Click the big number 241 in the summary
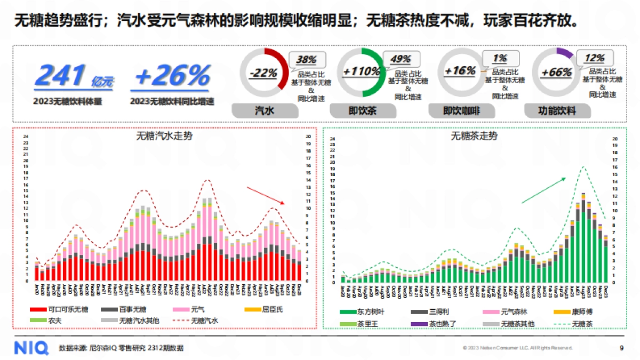point(60,76)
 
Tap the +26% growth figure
point(172,76)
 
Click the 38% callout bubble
point(307,59)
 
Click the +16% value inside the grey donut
point(459,71)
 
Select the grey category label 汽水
point(265,111)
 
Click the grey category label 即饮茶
point(363,111)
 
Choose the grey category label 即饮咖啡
point(461,111)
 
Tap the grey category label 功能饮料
point(557,111)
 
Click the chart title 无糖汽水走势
point(165,135)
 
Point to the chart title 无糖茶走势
point(474,136)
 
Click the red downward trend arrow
point(266,195)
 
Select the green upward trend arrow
point(543,190)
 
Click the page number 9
point(621,348)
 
